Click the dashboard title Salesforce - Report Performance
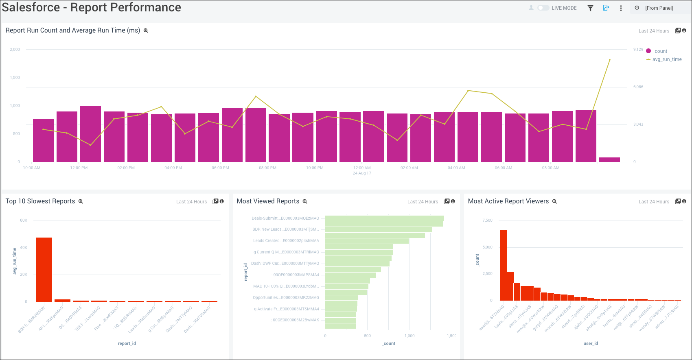92,7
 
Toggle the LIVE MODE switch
543,8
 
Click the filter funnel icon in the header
590,8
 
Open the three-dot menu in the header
621,8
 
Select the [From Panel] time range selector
659,8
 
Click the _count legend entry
659,51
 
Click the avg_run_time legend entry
666,59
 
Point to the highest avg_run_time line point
609,60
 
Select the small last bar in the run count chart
609,159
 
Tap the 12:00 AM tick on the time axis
362,168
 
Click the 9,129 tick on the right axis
638,50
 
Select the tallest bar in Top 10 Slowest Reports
44,269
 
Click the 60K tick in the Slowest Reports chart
24,220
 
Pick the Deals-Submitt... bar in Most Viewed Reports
384,218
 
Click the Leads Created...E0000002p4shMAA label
286,241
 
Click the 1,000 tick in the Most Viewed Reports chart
410,336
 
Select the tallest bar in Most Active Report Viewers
504,265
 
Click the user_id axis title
591,343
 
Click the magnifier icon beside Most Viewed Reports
305,201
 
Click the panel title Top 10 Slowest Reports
40,201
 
